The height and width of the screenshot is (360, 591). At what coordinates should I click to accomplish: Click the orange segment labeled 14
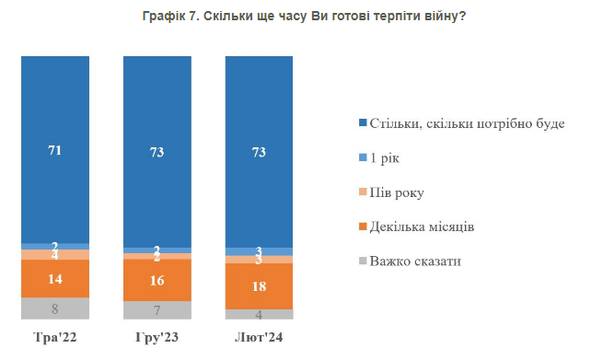(55, 279)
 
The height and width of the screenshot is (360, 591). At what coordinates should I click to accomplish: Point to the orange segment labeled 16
(157, 280)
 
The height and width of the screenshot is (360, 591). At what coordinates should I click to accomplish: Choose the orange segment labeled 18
(259, 286)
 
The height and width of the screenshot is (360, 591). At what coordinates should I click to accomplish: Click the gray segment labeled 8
(55, 309)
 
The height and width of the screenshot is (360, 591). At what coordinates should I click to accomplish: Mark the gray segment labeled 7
(157, 311)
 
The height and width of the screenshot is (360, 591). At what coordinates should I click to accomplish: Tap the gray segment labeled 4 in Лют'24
(259, 315)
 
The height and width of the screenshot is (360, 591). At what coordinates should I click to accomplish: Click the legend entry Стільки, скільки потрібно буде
(465, 123)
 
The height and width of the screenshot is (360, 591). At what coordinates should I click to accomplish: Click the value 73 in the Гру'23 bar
(157, 153)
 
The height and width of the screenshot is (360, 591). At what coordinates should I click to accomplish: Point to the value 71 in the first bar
(55, 150)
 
